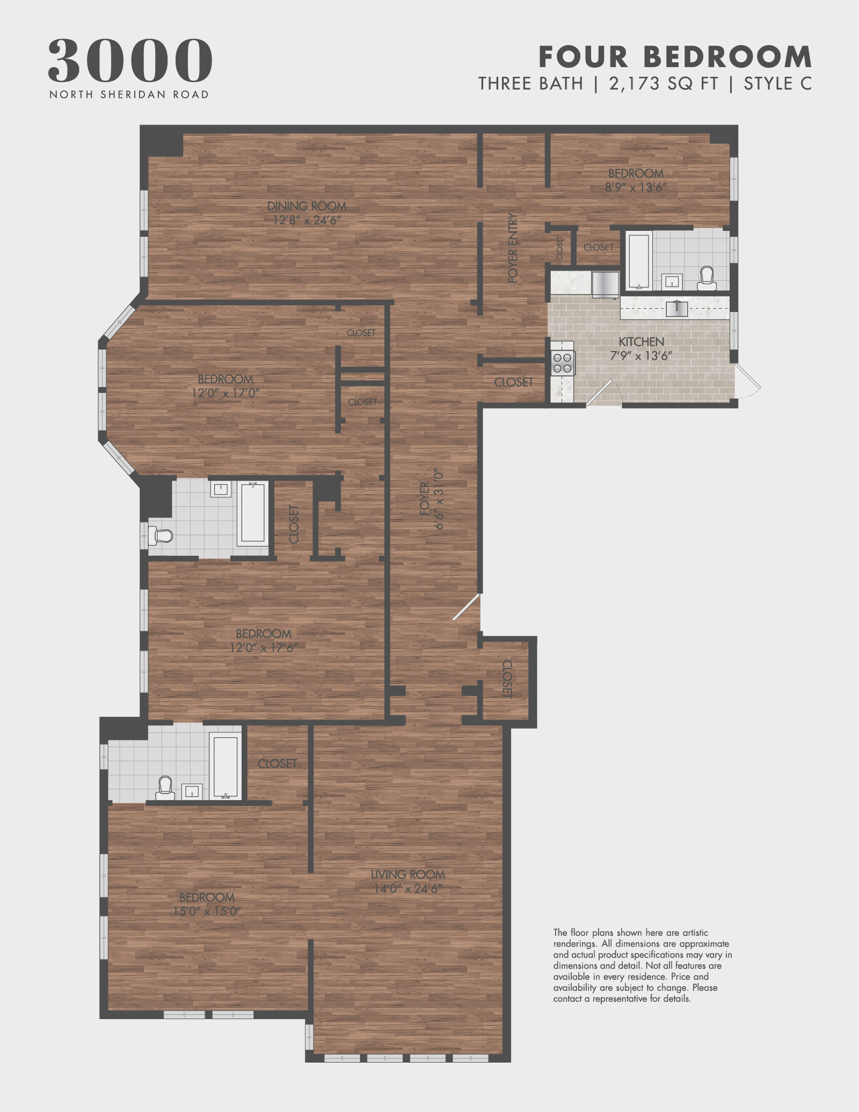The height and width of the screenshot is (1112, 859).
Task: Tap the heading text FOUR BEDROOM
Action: (x=675, y=57)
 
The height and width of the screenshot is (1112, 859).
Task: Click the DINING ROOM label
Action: (x=307, y=206)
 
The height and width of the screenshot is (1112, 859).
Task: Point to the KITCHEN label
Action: (x=641, y=342)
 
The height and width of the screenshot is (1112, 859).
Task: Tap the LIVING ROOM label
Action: (x=408, y=875)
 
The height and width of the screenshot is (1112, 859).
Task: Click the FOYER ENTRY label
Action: (x=513, y=248)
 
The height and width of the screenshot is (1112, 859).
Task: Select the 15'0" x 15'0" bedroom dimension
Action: (x=207, y=912)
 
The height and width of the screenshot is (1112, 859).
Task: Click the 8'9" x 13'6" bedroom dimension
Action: (x=636, y=187)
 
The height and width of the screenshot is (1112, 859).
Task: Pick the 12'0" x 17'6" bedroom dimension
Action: (x=263, y=648)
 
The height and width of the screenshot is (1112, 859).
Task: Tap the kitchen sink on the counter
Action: (x=676, y=308)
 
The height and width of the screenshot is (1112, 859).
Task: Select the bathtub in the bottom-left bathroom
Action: (x=225, y=766)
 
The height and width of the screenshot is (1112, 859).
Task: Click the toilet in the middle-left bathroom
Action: (x=161, y=535)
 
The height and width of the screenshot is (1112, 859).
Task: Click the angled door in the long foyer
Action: (x=465, y=607)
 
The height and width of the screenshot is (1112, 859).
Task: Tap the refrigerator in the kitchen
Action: (x=605, y=284)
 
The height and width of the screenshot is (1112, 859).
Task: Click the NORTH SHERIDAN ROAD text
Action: (x=129, y=95)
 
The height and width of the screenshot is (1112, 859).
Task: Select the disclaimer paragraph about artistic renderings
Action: (x=642, y=965)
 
